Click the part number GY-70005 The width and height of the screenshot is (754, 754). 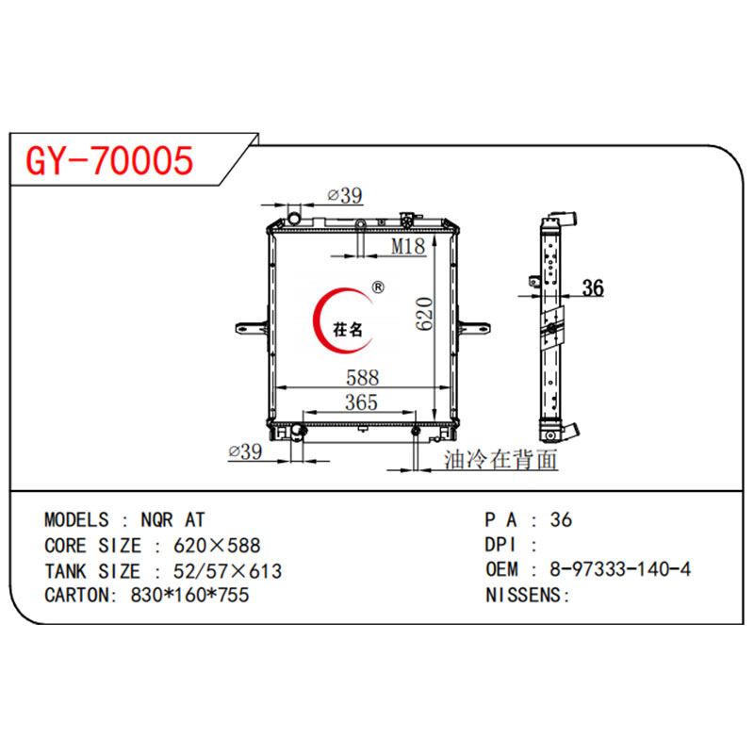(110, 161)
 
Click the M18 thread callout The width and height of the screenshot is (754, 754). (408, 246)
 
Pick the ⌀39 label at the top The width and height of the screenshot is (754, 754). (345, 196)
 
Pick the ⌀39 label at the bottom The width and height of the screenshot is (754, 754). (245, 452)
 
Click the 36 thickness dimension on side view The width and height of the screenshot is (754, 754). (593, 288)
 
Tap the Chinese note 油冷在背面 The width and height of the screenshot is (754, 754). (500, 460)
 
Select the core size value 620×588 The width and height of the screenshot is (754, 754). (217, 546)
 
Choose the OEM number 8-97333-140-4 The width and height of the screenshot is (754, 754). (612, 569)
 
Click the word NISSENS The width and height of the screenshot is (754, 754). (525, 595)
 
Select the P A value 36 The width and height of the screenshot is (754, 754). (562, 520)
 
